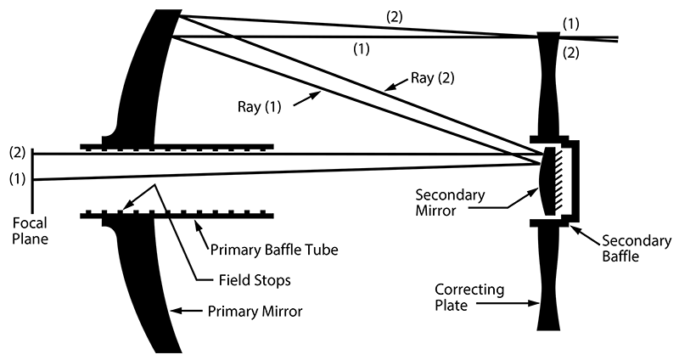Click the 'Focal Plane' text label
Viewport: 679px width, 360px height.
pyautogui.click(x=31, y=232)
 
